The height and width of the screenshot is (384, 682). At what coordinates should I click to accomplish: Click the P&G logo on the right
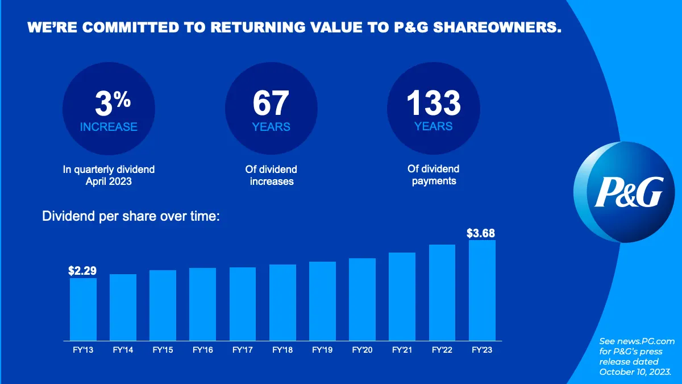[629, 192]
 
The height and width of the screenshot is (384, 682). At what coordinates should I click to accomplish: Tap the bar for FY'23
[482, 290]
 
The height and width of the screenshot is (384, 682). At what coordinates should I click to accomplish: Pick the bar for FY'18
[282, 302]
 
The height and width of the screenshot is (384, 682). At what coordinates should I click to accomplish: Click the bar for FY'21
[402, 296]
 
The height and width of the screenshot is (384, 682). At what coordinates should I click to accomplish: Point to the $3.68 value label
[481, 233]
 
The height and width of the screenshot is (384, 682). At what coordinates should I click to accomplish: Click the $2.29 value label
[82, 271]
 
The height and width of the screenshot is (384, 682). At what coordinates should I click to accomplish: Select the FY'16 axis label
[203, 350]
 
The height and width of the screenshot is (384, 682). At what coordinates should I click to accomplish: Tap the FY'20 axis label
[362, 350]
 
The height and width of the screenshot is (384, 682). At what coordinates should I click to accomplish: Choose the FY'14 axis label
[123, 350]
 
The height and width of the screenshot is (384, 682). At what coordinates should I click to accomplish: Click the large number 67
[271, 104]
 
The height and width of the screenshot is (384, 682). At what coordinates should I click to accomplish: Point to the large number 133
[433, 103]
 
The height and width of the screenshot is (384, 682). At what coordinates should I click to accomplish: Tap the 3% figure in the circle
[112, 104]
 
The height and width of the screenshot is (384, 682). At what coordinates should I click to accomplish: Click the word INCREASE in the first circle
[109, 127]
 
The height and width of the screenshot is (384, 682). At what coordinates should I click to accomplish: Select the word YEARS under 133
[433, 126]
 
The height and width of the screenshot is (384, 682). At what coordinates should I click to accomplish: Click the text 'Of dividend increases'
[272, 175]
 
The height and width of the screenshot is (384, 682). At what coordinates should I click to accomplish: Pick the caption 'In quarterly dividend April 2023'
[109, 175]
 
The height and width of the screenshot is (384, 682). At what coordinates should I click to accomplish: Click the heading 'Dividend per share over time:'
[131, 217]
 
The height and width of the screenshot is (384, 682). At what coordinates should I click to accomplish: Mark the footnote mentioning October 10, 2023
[637, 356]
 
